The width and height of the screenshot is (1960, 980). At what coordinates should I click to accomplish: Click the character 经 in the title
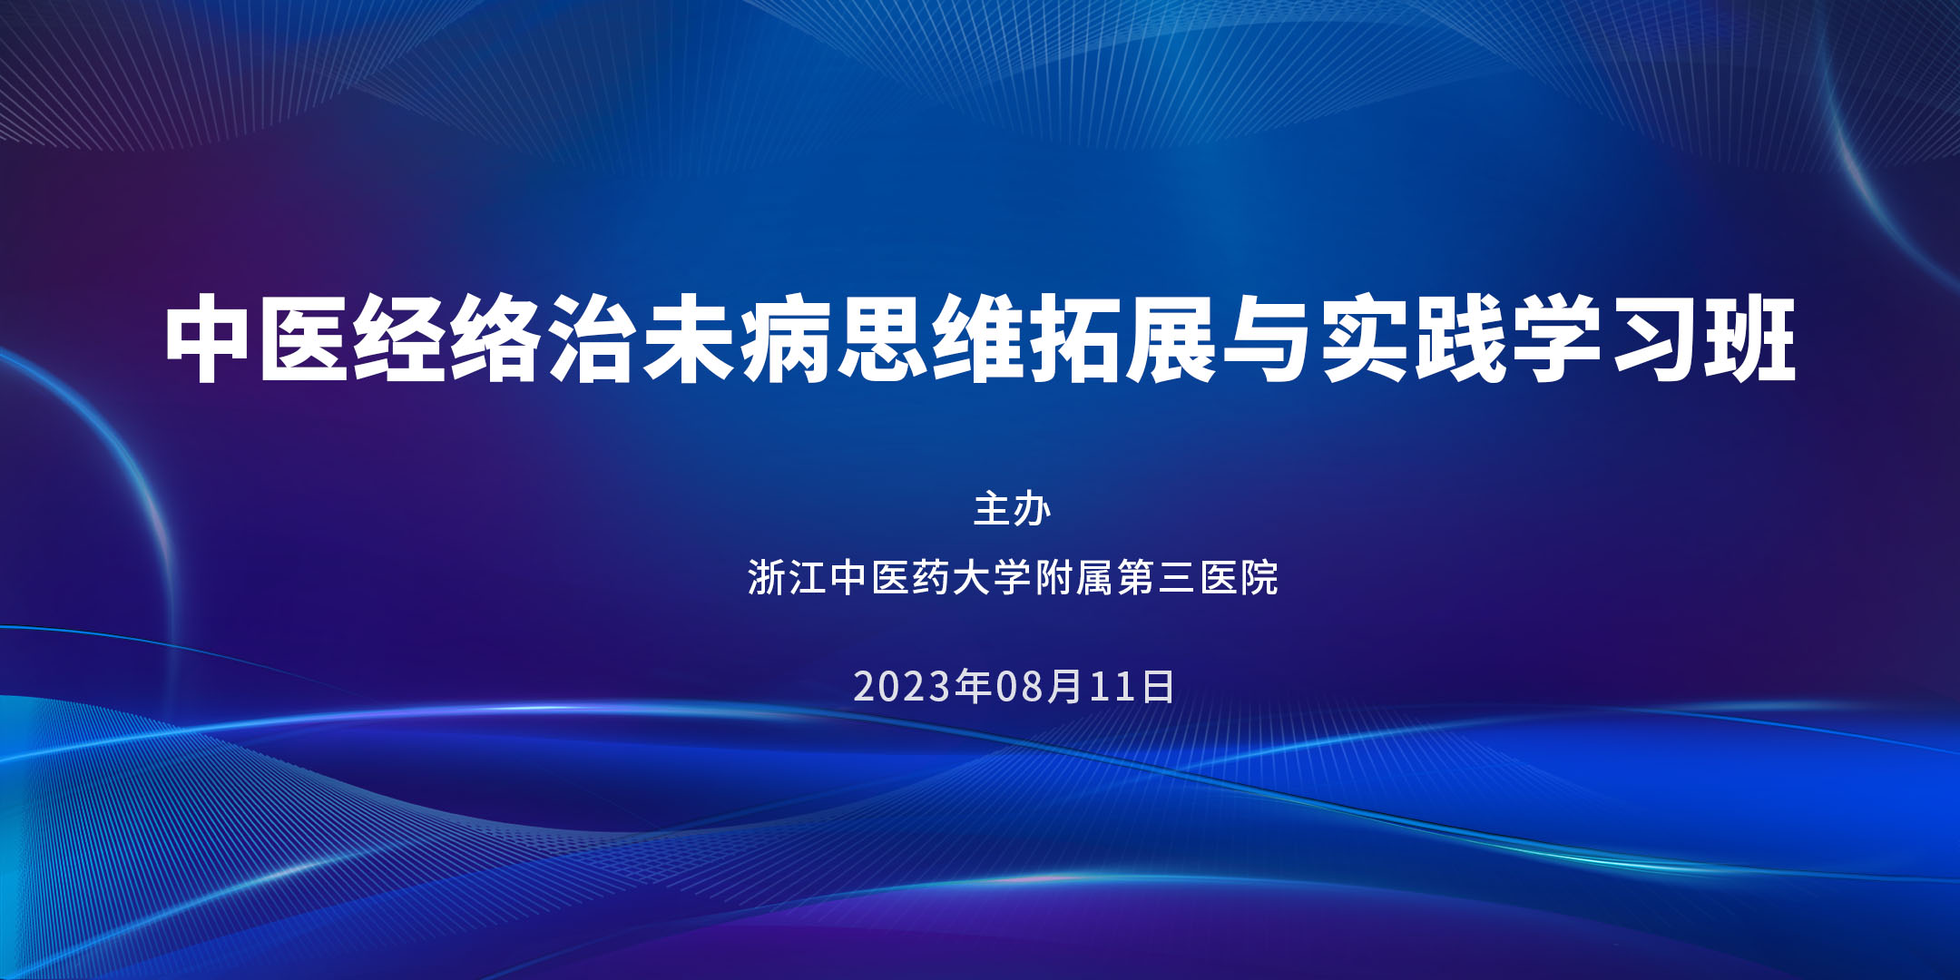coord(399,338)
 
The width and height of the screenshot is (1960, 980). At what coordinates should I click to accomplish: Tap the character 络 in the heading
coord(495,338)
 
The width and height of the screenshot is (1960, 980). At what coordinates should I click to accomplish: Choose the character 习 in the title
coord(1653,338)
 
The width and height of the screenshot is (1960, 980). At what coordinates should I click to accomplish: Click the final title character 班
coord(1750,338)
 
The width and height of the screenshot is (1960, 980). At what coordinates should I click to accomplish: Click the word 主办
coord(1013,509)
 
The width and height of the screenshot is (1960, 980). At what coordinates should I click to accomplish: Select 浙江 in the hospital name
coord(788,578)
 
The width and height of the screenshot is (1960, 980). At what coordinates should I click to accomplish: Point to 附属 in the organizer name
coord(1074,578)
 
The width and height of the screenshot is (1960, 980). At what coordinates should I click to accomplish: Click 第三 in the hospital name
coord(1157,578)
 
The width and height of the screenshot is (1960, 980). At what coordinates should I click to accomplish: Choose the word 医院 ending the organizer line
coord(1240,578)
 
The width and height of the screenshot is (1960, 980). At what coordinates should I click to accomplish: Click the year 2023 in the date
coord(902,687)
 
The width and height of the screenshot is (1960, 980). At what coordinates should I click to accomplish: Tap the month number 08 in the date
coord(1020,687)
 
